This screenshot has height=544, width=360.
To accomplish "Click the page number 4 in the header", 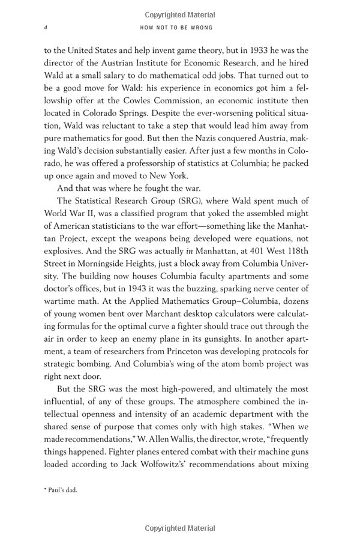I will coord(46,28).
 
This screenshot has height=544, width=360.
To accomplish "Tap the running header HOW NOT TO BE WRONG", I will coord(176,28).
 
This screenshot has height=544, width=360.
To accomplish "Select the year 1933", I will coord(235,50).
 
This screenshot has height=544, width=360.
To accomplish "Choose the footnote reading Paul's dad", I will coord(61,490).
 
